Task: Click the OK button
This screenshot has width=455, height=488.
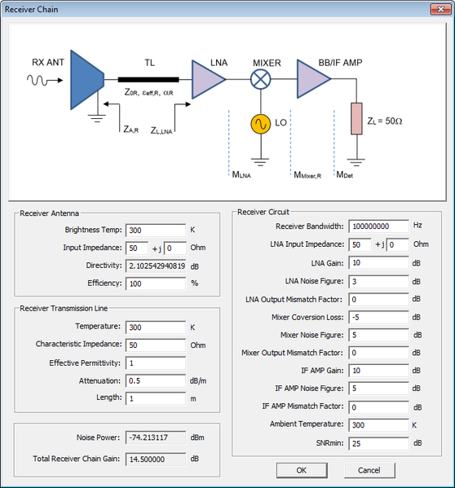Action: tap(302, 470)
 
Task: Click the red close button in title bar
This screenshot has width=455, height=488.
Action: tap(440, 9)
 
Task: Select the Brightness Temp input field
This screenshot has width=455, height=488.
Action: tap(156, 231)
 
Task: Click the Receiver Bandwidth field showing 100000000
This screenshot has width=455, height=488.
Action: tap(378, 226)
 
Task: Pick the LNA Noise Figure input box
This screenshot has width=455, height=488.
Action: tap(378, 281)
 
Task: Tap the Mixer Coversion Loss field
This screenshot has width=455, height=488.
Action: tap(378, 317)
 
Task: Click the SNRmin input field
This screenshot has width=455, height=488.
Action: tap(378, 443)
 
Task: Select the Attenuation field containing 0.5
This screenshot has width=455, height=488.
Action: tap(156, 380)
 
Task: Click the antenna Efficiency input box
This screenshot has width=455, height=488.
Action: tap(156, 284)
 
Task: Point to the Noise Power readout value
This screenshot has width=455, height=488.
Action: tap(156, 437)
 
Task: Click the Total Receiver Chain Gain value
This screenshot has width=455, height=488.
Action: tap(156, 459)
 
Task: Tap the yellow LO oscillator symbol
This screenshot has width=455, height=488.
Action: tap(261, 124)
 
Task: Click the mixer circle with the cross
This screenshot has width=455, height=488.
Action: tap(261, 79)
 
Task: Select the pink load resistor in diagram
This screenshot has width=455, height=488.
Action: tap(356, 119)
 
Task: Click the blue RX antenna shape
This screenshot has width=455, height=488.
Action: tap(87, 80)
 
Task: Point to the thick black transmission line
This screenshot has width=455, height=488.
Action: tap(148, 80)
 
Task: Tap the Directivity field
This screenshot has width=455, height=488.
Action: tap(156, 266)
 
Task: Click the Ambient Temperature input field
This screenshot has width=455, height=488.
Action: tap(378, 424)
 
